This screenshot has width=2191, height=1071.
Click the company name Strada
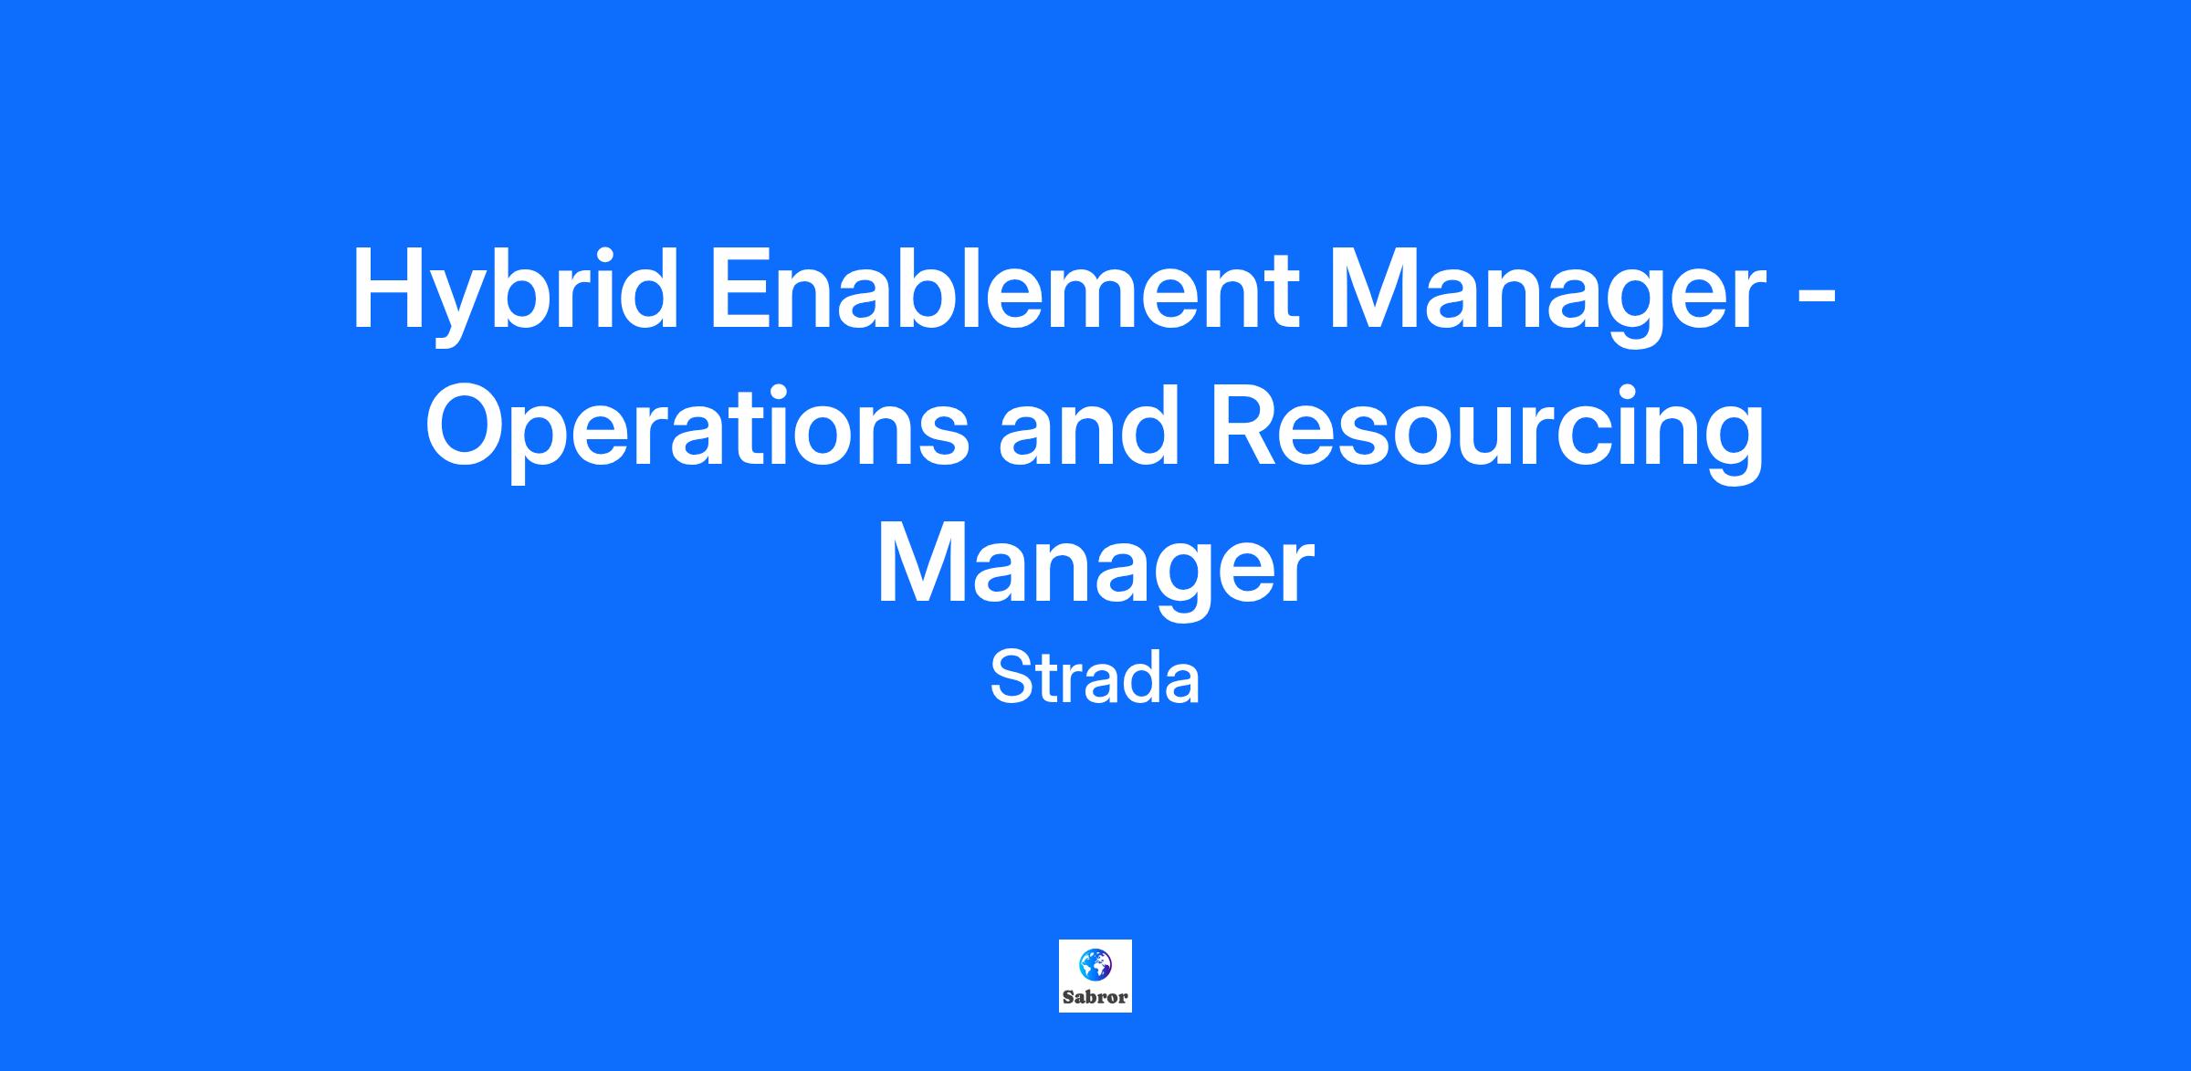pyautogui.click(x=1095, y=678)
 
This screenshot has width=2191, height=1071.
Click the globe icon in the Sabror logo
pyautogui.click(x=1095, y=964)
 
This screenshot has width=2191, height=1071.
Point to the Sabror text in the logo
pyautogui.click(x=1095, y=998)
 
